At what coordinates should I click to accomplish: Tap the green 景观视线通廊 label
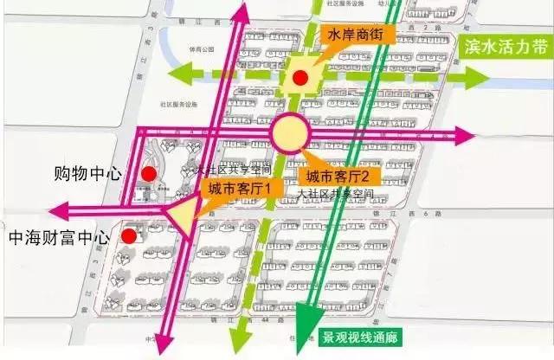point(361,337)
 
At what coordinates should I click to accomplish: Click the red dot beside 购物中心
point(149,174)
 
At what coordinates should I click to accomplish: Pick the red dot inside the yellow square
point(300,78)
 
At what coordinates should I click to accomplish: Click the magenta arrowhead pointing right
point(465,135)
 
